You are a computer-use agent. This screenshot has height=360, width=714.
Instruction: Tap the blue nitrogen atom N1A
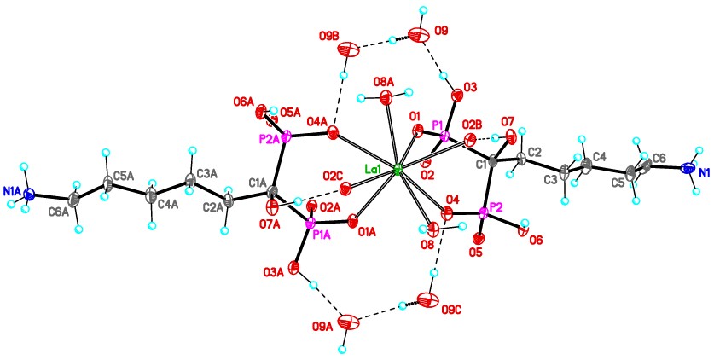click(32, 194)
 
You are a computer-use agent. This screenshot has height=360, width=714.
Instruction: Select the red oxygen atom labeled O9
click(418, 36)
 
